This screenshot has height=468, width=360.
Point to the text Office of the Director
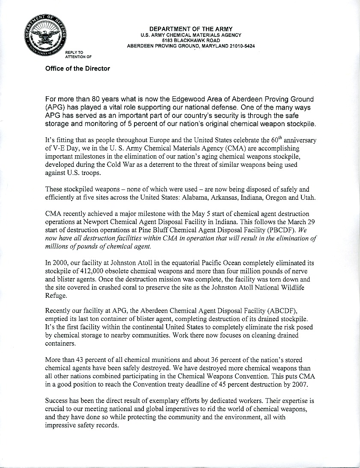pyautogui.click(x=77, y=68)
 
